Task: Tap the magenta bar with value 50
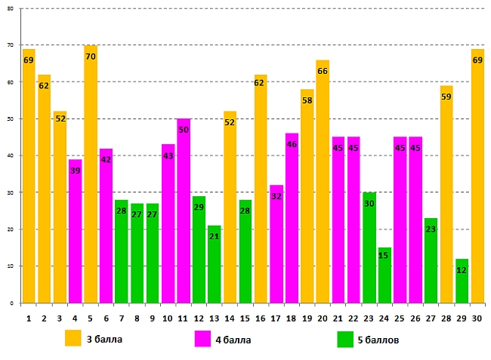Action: pos(184,211)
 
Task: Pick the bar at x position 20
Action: pos(323,181)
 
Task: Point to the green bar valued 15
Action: pos(384,275)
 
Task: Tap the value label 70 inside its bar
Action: pos(91,57)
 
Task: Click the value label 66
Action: pos(323,71)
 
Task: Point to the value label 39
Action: pos(75,171)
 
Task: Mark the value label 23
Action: pos(431,229)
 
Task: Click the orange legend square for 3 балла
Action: pos(73,338)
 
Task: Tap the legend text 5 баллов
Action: pos(378,340)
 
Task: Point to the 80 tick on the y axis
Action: pos(10,9)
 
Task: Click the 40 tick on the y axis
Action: pos(10,155)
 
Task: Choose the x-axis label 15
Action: pos(246,318)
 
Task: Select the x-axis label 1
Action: pos(29,318)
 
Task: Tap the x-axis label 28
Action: pos(446,318)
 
